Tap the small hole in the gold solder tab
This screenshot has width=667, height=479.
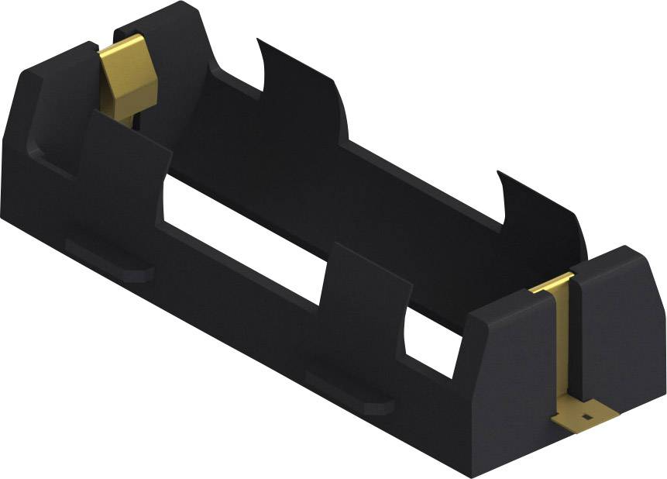click(x=586, y=417)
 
